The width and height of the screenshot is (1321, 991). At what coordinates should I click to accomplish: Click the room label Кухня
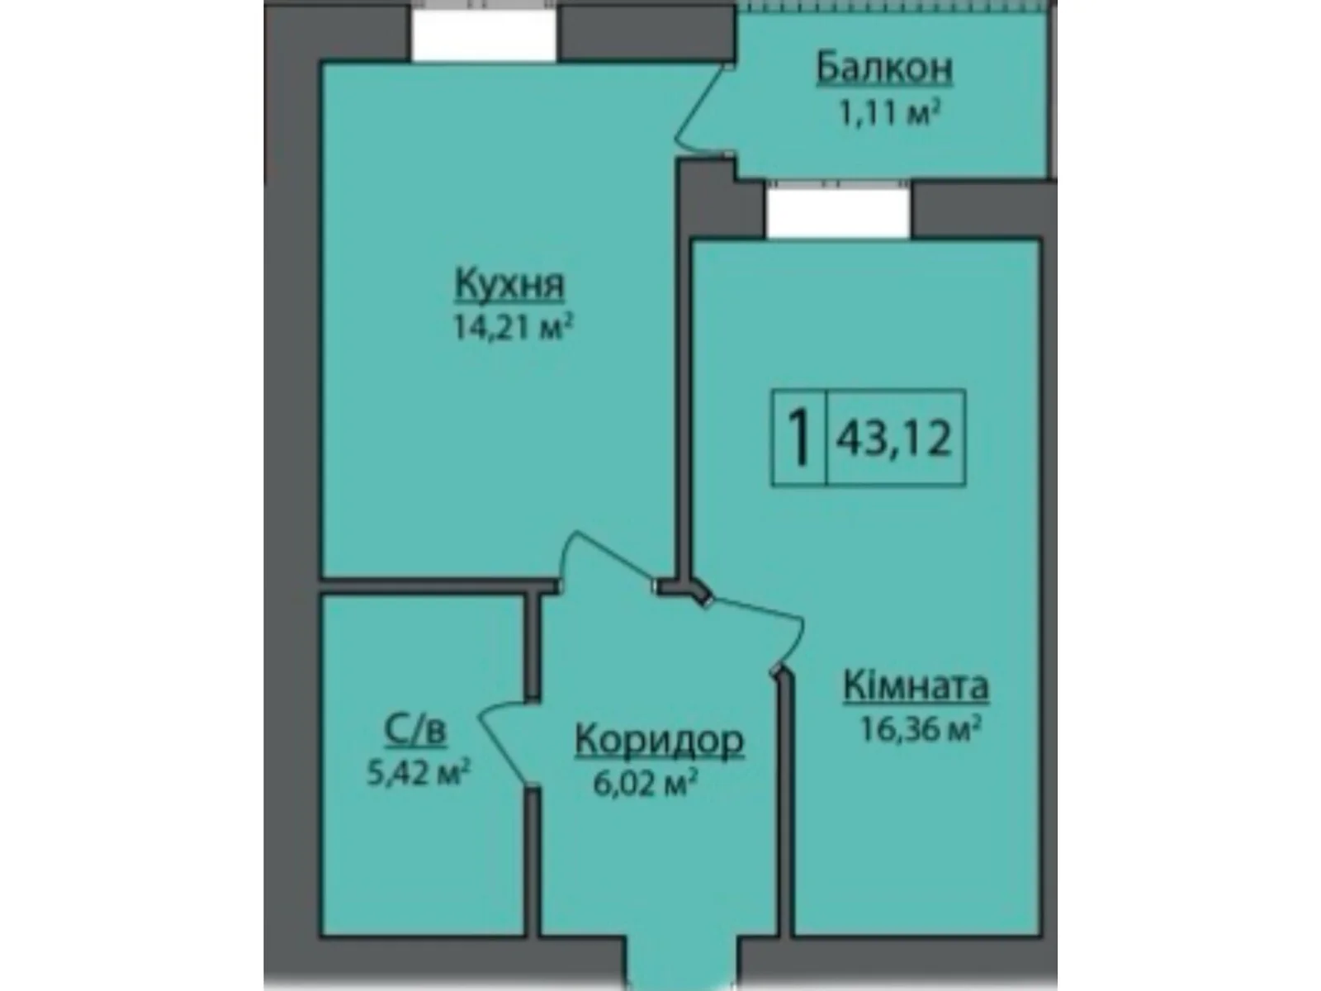pyautogui.click(x=509, y=285)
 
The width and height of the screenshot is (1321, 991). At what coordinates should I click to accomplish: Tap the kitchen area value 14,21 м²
pyautogui.click(x=512, y=329)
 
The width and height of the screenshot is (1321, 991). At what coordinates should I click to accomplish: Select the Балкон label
pyautogui.click(x=884, y=69)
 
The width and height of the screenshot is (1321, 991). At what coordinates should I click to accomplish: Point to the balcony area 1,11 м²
pyautogui.click(x=890, y=112)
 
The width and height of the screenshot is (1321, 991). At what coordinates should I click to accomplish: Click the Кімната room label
pyautogui.click(x=916, y=686)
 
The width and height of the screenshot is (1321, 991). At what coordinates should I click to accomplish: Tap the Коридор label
pyautogui.click(x=659, y=741)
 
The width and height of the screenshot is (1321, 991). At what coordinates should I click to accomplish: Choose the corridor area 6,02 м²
pyautogui.click(x=641, y=783)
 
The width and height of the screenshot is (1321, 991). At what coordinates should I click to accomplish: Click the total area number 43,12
pyautogui.click(x=895, y=437)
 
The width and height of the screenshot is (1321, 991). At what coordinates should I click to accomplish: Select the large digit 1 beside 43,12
pyautogui.click(x=798, y=437)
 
